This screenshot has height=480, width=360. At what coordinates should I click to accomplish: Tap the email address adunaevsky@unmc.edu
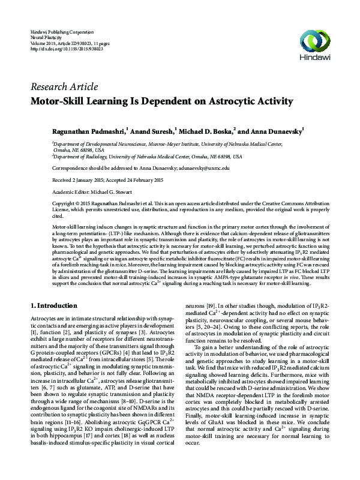tap(203, 169)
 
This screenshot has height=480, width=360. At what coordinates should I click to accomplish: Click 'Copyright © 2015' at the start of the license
tap(73, 204)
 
